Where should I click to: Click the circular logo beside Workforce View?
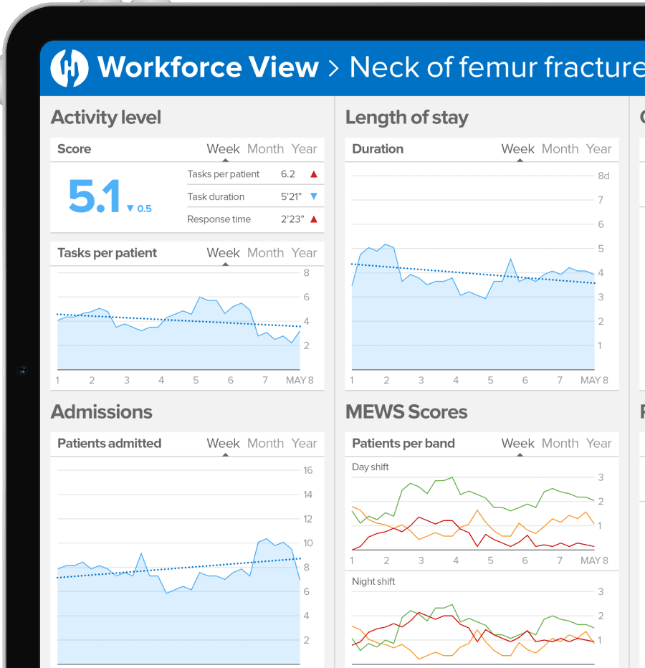(70, 67)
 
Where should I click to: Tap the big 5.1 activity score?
(94, 196)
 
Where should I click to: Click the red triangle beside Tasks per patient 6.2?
(313, 174)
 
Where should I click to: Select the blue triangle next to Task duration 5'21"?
(313, 196)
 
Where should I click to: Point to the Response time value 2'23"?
(292, 219)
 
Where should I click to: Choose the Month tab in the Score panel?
(265, 149)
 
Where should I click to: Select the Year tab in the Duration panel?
(598, 149)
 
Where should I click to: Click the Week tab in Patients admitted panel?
(223, 444)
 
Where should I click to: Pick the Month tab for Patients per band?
(560, 444)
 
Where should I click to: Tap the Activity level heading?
(106, 118)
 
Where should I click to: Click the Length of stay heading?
(406, 118)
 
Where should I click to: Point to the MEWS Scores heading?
(406, 412)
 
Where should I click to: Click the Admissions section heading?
(102, 412)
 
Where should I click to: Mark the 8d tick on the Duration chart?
(603, 176)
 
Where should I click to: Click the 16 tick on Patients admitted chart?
(308, 470)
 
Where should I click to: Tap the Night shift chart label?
(373, 581)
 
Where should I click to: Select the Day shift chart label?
(371, 467)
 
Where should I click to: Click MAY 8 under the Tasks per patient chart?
(300, 381)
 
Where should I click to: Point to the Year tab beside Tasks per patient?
(304, 253)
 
